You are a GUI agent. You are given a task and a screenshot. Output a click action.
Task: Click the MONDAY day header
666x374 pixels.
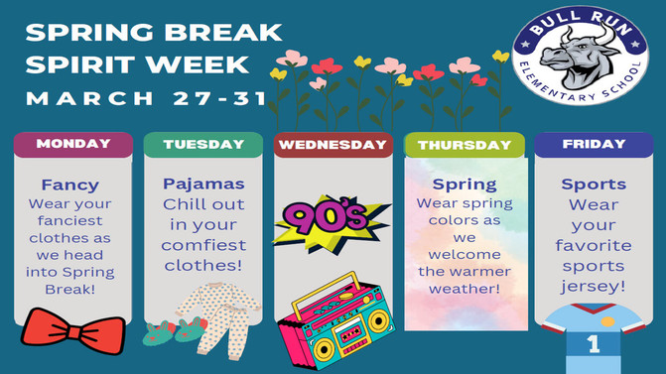(72, 144)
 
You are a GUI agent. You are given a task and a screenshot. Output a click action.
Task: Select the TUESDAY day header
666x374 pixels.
(203, 145)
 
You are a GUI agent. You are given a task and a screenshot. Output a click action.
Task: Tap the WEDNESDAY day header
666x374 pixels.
(333, 145)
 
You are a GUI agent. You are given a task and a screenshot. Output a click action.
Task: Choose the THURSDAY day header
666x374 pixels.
(465, 145)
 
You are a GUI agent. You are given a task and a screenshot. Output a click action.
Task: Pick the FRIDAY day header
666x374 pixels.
(594, 144)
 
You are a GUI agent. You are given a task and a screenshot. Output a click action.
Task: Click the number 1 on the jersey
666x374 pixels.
(594, 344)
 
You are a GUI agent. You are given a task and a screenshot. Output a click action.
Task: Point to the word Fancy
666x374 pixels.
(70, 185)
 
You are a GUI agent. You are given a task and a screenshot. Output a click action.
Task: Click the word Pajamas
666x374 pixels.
(203, 185)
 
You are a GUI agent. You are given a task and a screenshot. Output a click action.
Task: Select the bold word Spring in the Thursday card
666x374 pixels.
(465, 185)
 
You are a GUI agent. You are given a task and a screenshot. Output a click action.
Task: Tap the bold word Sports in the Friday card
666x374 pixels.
(594, 185)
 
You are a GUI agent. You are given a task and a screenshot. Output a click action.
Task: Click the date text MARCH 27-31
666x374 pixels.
(146, 98)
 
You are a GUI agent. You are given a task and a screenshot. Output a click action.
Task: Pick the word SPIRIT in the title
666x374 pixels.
(81, 65)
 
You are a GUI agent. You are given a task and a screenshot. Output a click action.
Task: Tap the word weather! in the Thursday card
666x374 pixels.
(464, 289)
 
